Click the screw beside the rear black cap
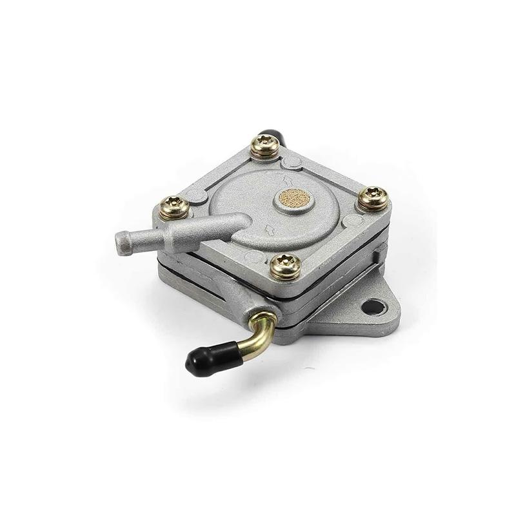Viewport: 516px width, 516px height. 264,147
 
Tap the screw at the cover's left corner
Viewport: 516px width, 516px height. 174,207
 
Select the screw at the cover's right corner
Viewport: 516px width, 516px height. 373,198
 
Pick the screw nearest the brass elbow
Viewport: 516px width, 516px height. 285,265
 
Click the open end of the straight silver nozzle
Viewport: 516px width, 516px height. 120,242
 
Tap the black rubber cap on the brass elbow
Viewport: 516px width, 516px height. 204,359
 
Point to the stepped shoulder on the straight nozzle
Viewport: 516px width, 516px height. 169,237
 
